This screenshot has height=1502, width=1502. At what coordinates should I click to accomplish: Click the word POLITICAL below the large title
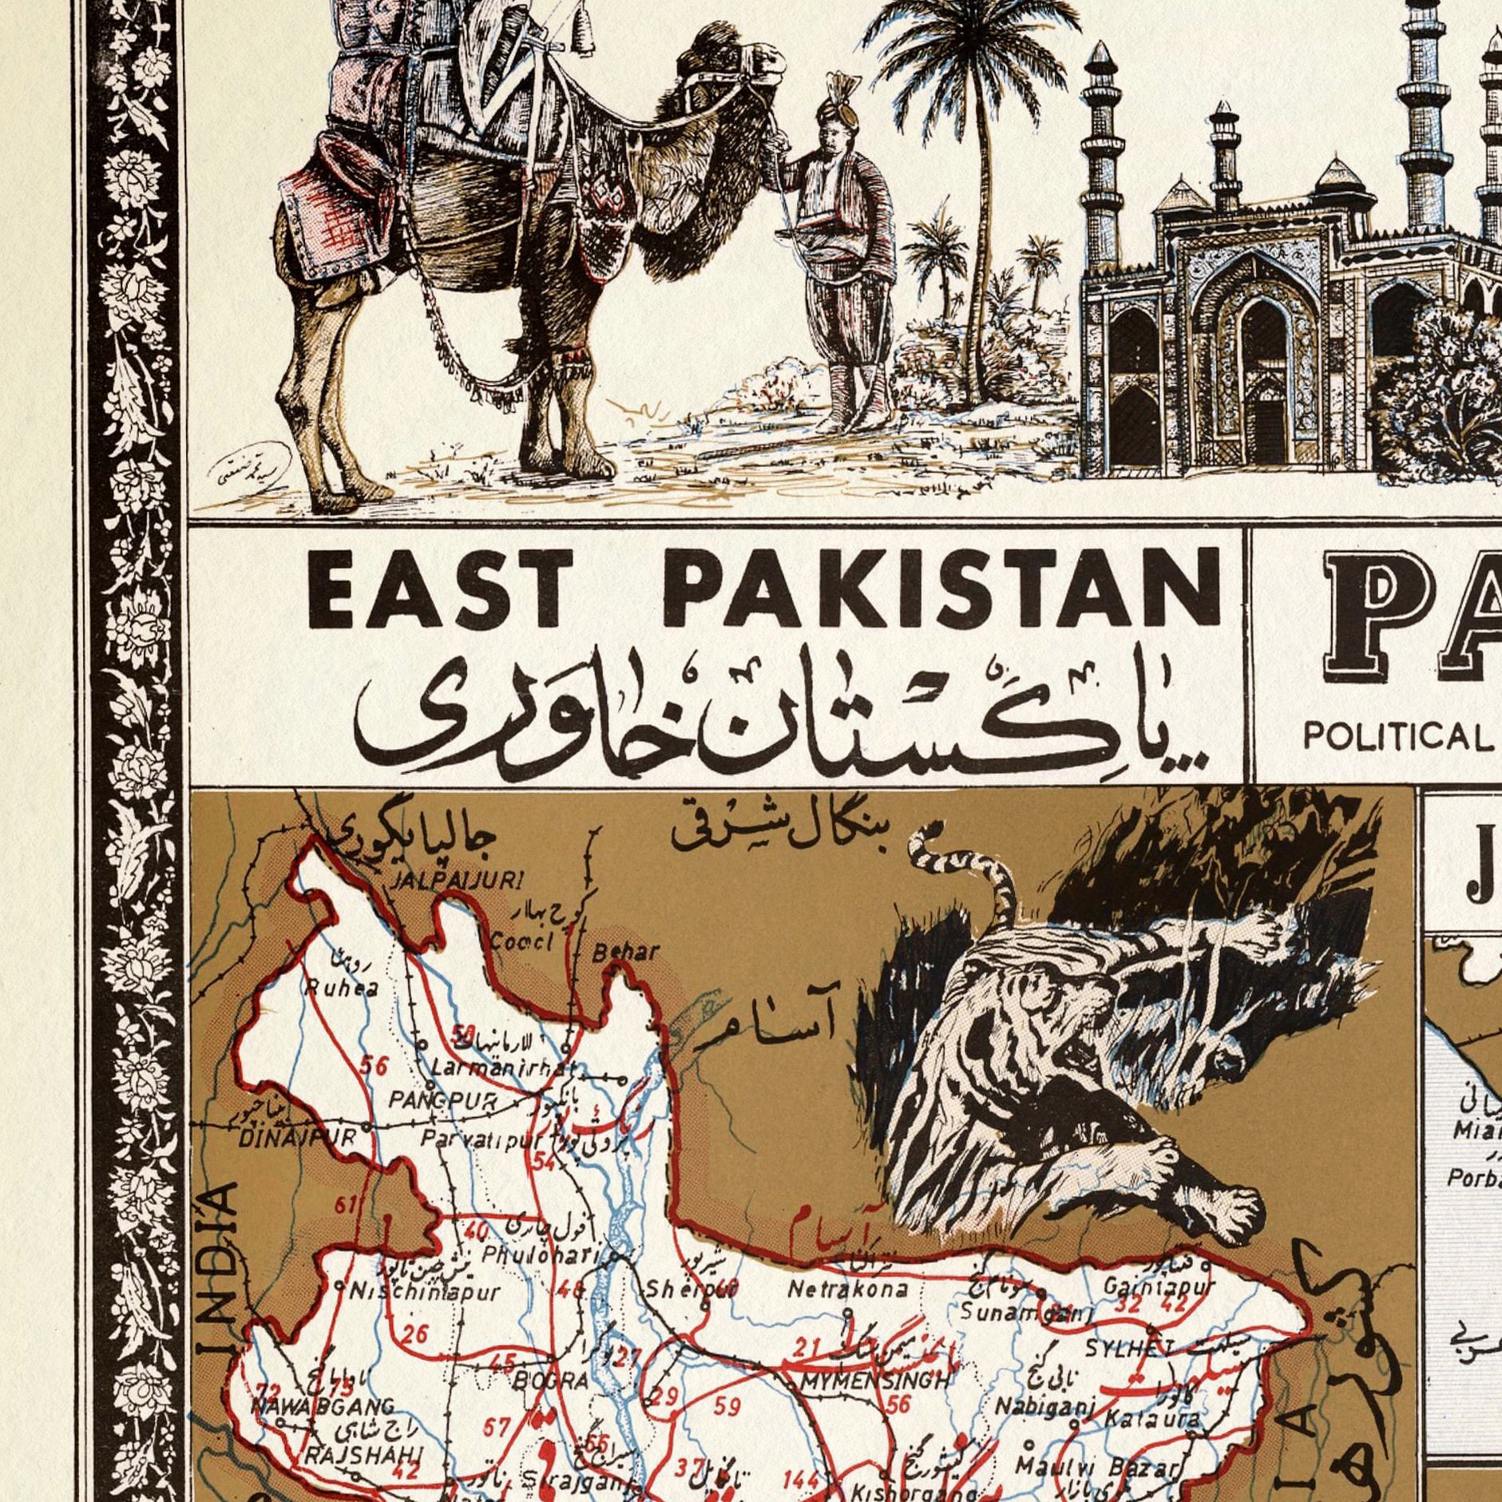1398,735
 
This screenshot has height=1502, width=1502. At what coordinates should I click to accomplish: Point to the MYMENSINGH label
876,1381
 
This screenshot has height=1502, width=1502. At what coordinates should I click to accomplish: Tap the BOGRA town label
550,1380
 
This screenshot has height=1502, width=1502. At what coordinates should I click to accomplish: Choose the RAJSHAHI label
363,1456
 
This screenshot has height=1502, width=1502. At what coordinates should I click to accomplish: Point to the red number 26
414,1333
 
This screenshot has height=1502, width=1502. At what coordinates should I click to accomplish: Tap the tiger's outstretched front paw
1230,1218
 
